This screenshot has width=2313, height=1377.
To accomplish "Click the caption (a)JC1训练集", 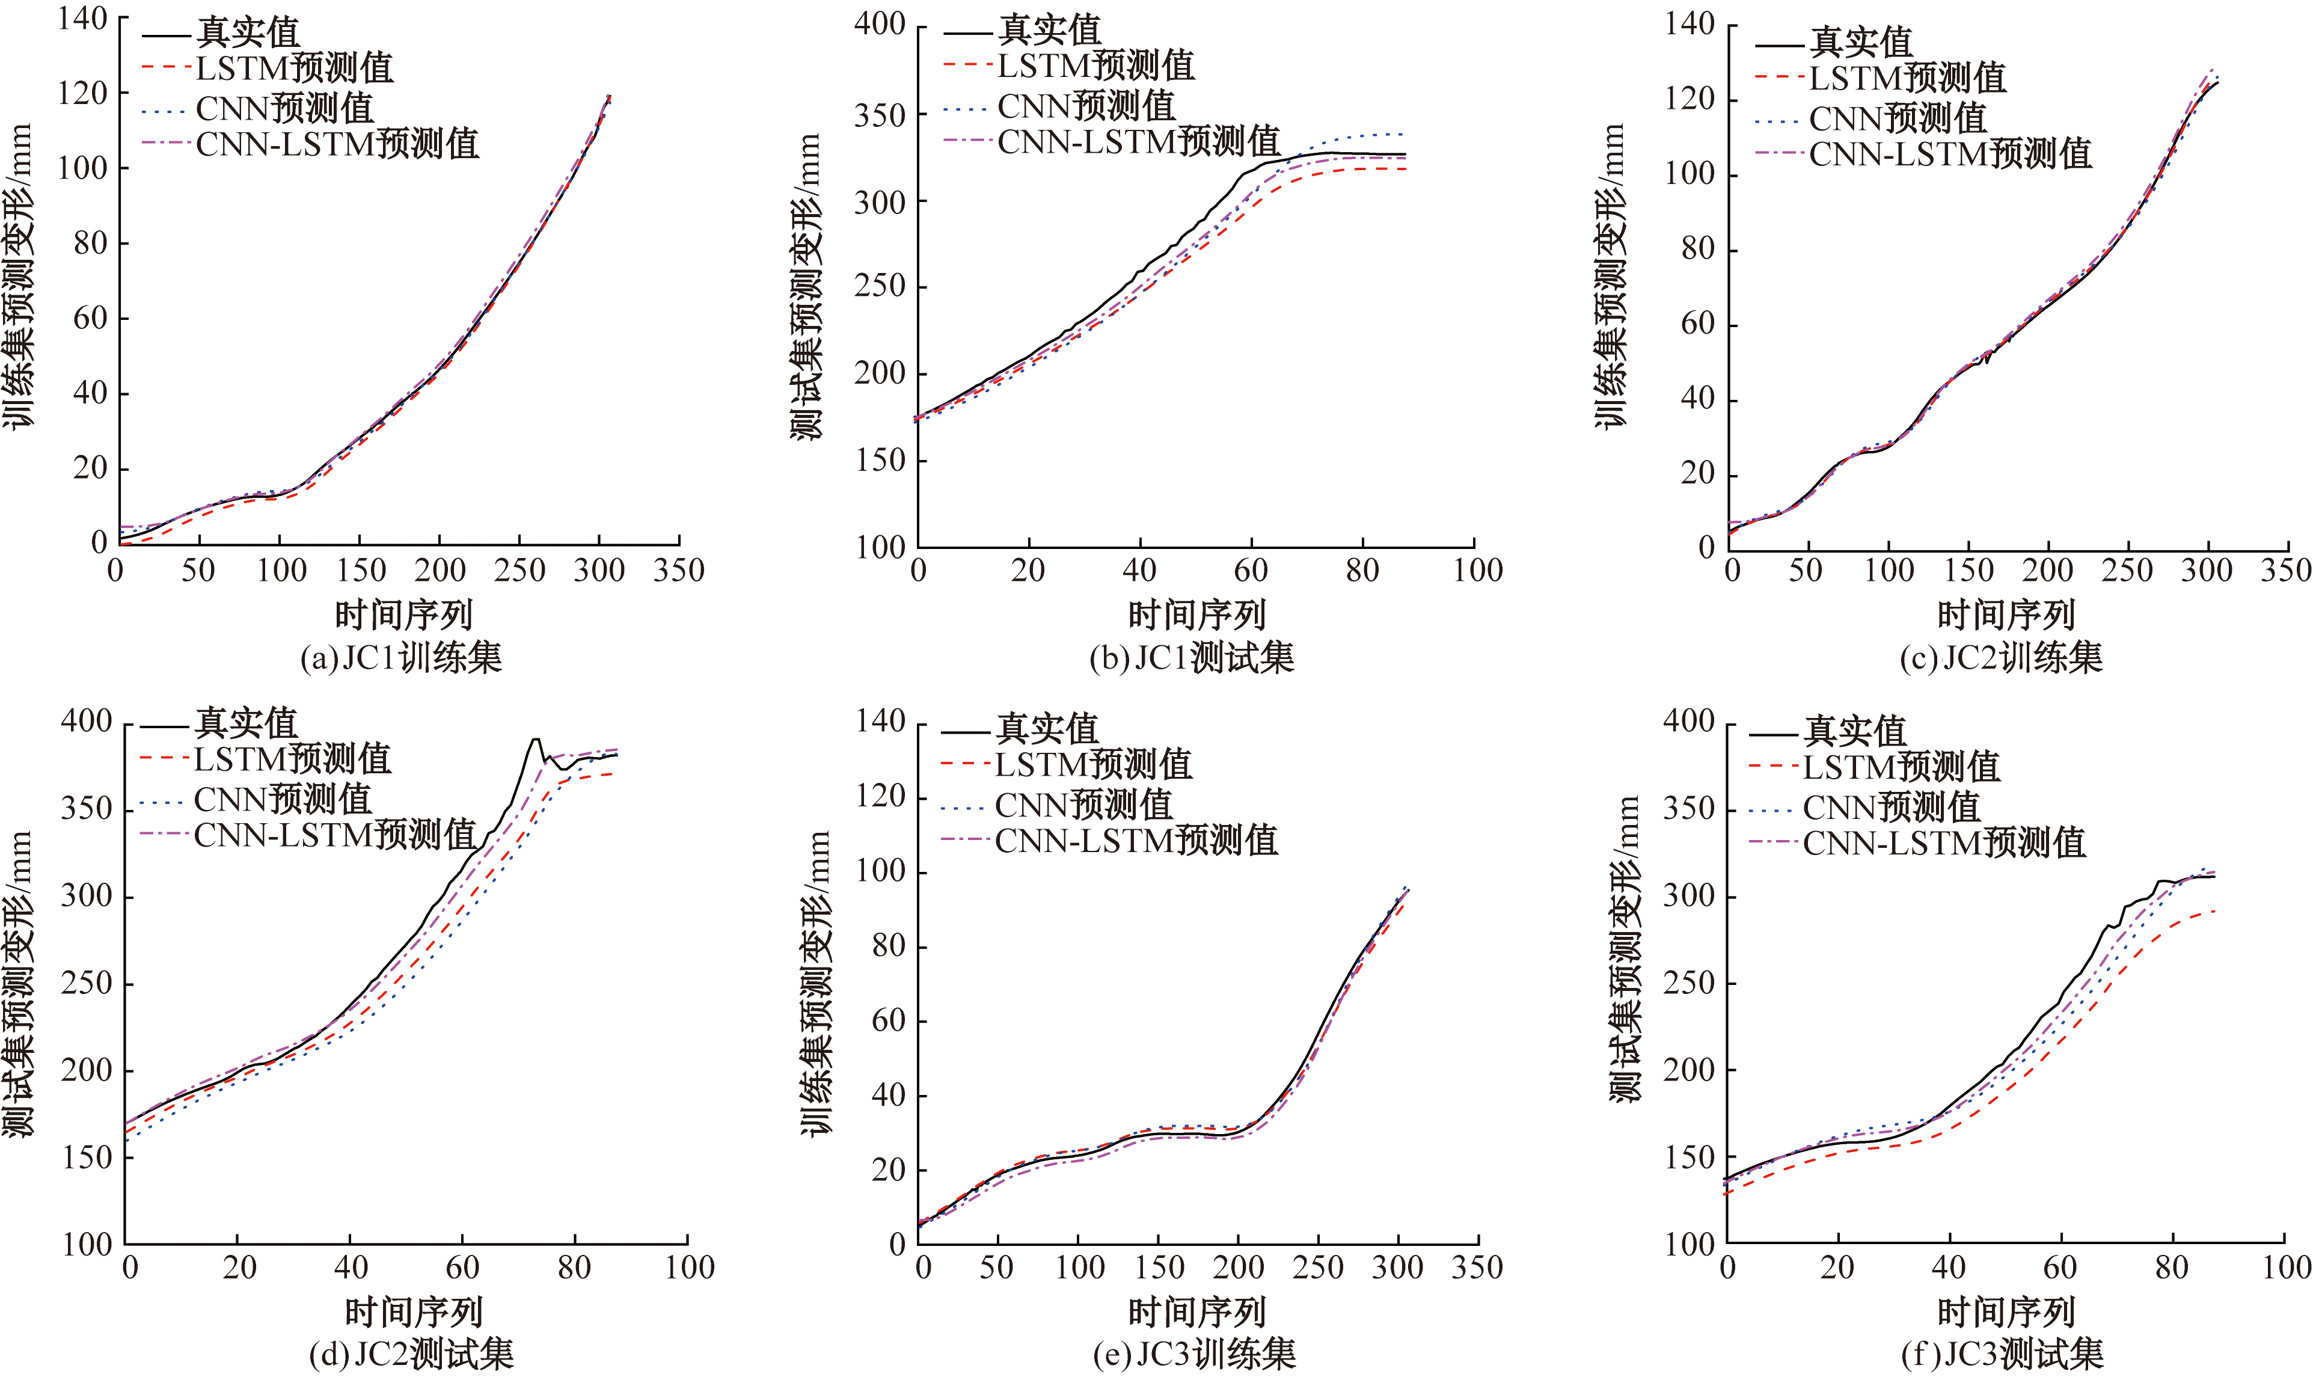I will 401,658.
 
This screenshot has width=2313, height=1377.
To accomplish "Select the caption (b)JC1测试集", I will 1192,658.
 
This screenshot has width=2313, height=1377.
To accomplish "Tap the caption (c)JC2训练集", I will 2002,658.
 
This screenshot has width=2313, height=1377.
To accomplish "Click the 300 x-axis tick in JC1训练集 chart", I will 598,569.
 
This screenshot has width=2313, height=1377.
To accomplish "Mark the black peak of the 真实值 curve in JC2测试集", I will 535,740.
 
